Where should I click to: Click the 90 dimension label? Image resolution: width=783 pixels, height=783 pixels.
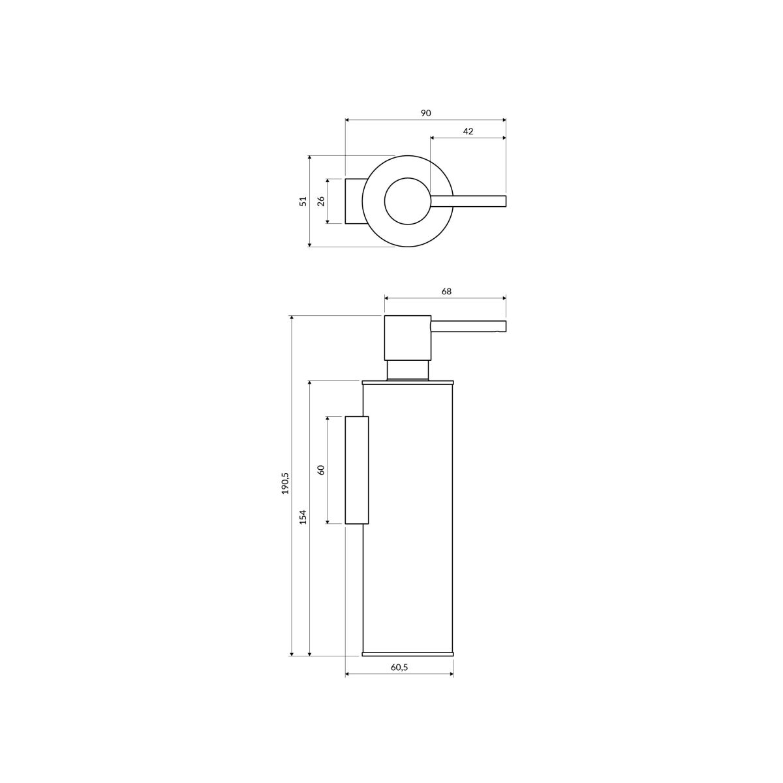pos(425,114)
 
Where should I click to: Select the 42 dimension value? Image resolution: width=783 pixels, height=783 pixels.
pos(468,131)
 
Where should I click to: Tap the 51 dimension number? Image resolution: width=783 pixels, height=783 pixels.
pos(303,201)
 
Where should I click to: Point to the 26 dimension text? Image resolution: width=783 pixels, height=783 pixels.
pos(321,201)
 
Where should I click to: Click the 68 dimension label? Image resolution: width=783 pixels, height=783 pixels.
pos(446,291)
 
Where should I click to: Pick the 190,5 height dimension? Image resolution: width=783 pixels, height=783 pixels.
pos(285,483)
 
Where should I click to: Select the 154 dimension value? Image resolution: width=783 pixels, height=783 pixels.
pos(303,517)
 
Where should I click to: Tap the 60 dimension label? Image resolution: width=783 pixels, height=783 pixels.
pos(321,470)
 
